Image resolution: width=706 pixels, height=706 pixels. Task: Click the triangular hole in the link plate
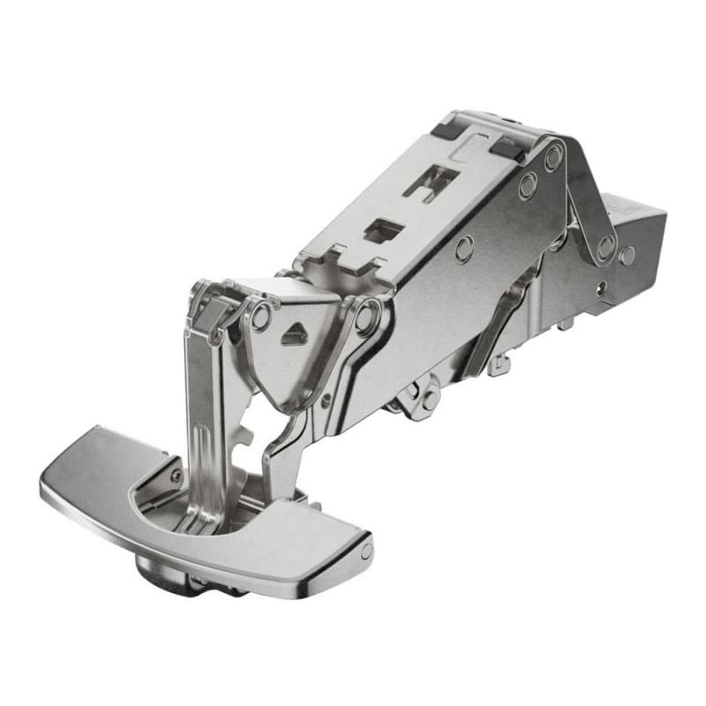[x=295, y=334]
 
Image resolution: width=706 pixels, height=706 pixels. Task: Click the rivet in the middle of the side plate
[x=464, y=249]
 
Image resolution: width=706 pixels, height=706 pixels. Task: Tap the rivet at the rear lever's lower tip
[x=606, y=247]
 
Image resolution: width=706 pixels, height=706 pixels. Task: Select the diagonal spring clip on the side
[x=499, y=318]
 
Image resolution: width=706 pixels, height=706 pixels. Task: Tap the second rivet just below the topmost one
[x=528, y=186]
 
